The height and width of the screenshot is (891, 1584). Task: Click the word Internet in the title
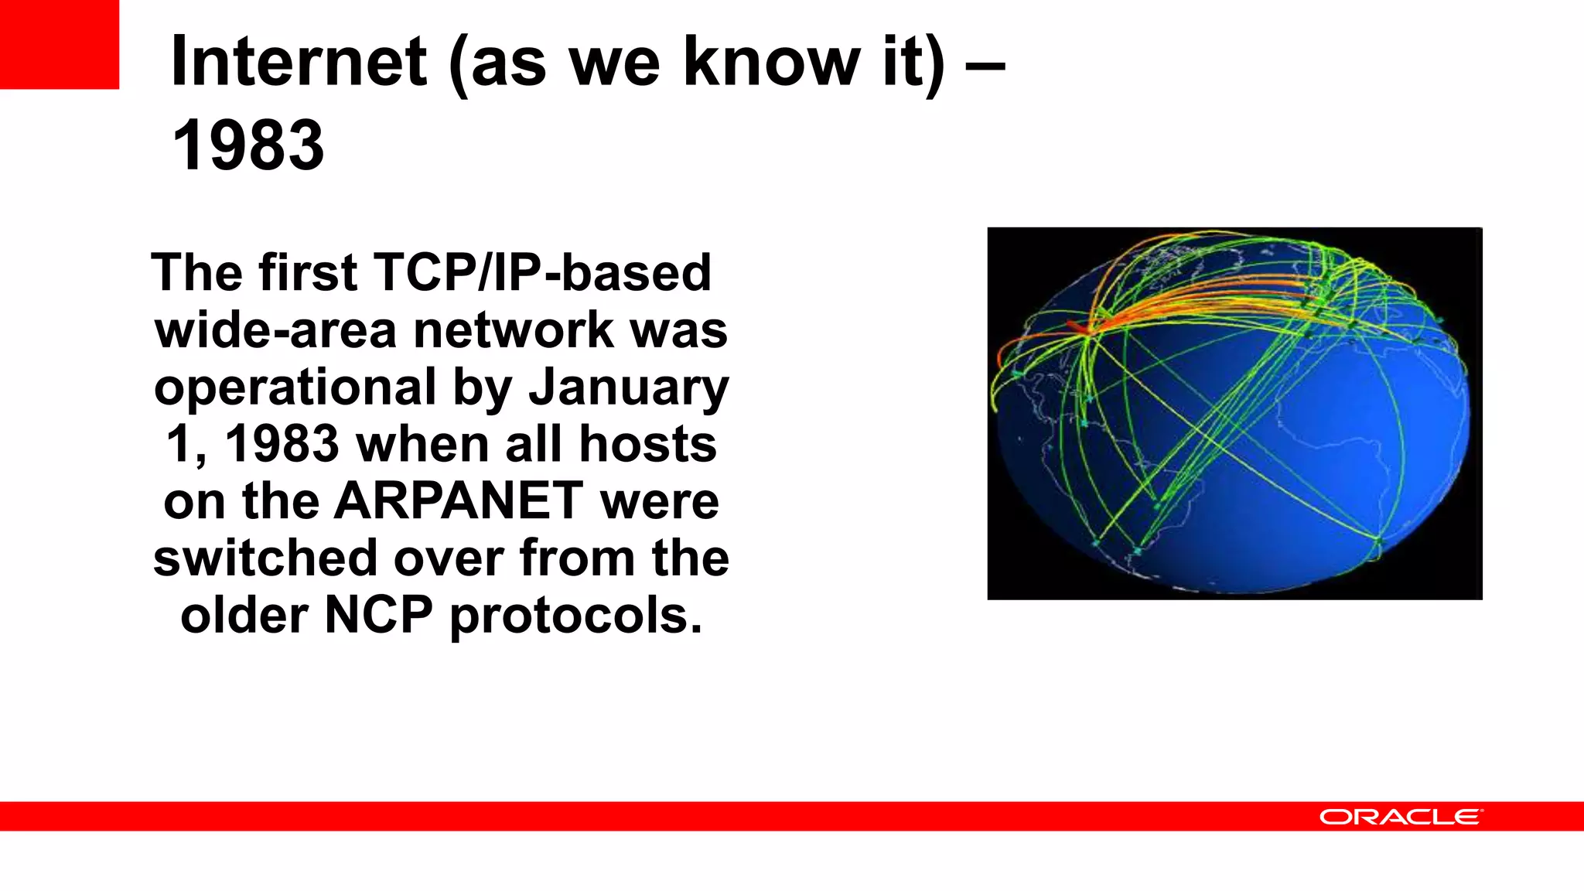click(x=298, y=62)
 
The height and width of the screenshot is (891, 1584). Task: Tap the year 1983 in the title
click(x=247, y=145)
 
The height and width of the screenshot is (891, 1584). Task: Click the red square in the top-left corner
click(x=59, y=44)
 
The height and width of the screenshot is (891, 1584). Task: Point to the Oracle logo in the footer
click(x=1400, y=817)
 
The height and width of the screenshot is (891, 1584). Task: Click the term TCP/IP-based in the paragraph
click(x=541, y=273)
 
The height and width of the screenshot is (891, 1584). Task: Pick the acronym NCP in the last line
click(x=378, y=616)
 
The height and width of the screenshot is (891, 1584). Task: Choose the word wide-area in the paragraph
click(x=275, y=330)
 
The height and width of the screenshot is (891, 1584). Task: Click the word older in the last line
click(x=244, y=616)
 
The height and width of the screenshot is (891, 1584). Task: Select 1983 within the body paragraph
click(x=282, y=445)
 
